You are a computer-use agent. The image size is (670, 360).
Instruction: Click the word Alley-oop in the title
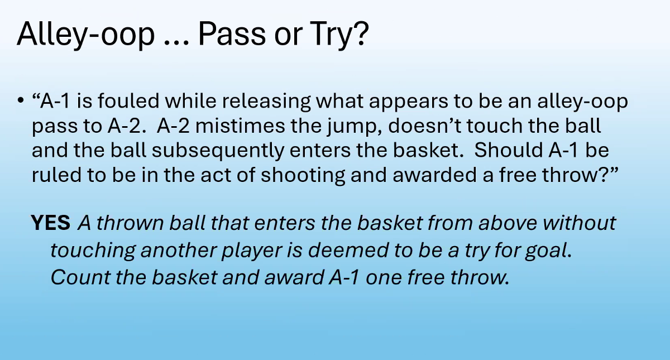click(x=86, y=35)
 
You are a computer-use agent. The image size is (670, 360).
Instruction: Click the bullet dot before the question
click(x=20, y=100)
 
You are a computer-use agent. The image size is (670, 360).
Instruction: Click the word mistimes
click(x=240, y=126)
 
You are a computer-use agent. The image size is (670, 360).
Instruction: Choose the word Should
click(x=509, y=150)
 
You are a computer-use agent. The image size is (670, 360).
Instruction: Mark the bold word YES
click(x=51, y=223)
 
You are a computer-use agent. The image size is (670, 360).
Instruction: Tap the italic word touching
click(x=93, y=251)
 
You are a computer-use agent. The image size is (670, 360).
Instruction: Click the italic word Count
click(x=80, y=277)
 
